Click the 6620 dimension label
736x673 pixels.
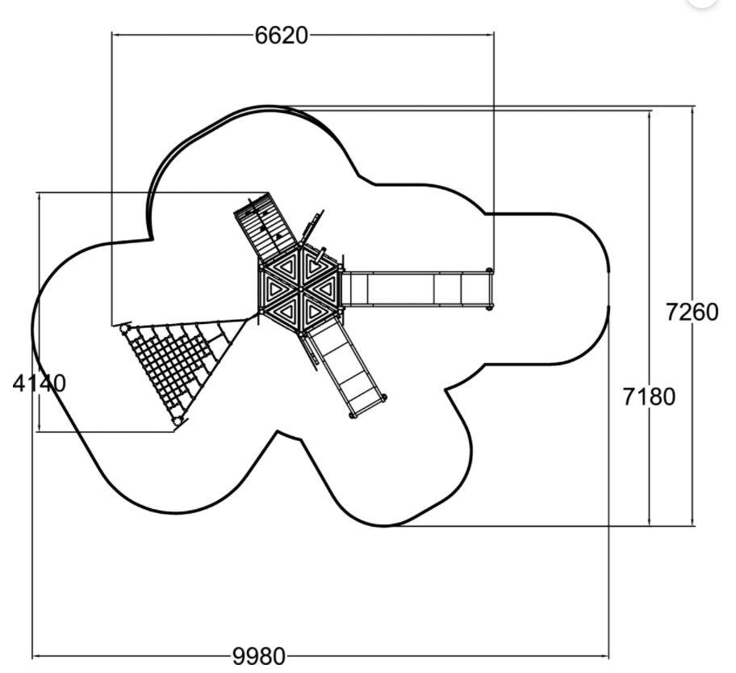pyautogui.click(x=281, y=36)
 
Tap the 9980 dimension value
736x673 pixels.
pyautogui.click(x=258, y=656)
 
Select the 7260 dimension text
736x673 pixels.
pyautogui.click(x=692, y=312)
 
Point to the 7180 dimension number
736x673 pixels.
pyautogui.click(x=649, y=397)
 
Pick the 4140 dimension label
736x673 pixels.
pyautogui.click(x=39, y=384)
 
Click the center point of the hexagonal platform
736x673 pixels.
pyautogui.click(x=300, y=288)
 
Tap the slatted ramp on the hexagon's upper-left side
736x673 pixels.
pyautogui.click(x=266, y=225)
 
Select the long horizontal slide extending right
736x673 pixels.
pyautogui.click(x=416, y=289)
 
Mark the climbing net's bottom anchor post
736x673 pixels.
pyautogui.click(x=178, y=421)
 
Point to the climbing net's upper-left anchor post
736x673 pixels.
pyautogui.click(x=125, y=327)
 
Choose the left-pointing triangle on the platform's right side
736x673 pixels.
pyautogui.click(x=324, y=288)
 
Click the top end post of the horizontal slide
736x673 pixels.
pyautogui.click(x=490, y=271)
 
